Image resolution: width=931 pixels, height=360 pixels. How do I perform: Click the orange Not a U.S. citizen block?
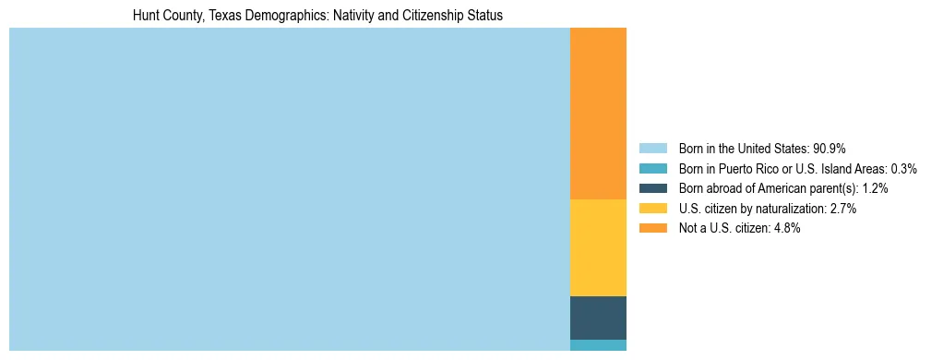(598, 114)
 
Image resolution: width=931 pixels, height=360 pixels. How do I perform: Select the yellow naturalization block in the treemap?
(598, 247)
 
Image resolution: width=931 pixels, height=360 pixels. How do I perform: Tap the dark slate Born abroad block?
(598, 318)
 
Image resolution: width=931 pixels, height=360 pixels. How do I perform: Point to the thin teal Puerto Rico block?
(598, 345)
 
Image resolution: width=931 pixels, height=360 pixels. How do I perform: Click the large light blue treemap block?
(289, 189)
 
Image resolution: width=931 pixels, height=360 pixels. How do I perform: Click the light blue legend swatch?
(652, 149)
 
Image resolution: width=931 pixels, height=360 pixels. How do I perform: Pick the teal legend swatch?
(652, 169)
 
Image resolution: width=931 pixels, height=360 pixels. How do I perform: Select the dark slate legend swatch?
(652, 188)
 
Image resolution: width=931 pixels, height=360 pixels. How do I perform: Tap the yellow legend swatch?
(652, 209)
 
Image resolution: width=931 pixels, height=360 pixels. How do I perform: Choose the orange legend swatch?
(652, 228)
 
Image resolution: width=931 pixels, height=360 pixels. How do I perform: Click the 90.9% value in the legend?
(830, 149)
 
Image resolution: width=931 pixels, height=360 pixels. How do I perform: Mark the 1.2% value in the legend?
(875, 188)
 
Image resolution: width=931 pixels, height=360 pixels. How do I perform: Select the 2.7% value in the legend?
(842, 209)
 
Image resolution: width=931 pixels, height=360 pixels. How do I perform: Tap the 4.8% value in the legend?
(786, 228)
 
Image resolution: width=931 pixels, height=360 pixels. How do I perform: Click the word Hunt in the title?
(146, 17)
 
